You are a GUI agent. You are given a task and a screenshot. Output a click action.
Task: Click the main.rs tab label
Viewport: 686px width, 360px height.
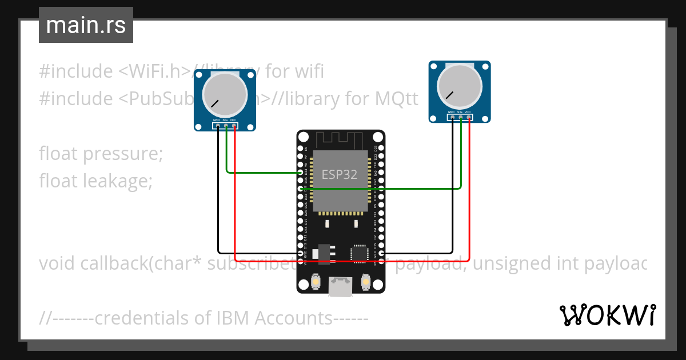[86, 25]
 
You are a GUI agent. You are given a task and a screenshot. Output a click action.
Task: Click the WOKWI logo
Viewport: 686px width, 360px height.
[607, 315]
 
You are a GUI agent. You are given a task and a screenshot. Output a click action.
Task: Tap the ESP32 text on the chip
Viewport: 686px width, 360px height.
[340, 174]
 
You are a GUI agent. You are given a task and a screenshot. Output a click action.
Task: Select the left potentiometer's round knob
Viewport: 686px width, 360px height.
[225, 94]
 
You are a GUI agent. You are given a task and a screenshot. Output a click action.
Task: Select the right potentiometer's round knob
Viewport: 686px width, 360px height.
[459, 87]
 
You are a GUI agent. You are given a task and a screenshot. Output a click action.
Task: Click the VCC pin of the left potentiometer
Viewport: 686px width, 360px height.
[234, 126]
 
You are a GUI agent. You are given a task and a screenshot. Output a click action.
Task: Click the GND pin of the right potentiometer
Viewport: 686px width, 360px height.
[452, 118]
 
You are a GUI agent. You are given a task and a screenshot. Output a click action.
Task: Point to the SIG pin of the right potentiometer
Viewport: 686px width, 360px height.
[460, 118]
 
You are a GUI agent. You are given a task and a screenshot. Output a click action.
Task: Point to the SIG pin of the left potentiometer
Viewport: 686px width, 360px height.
[226, 126]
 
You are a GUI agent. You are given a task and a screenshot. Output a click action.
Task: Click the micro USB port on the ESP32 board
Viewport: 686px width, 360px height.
[341, 287]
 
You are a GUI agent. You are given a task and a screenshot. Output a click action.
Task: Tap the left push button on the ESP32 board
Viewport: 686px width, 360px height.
[315, 282]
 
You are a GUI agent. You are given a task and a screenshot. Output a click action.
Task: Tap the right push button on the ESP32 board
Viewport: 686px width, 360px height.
[366, 282]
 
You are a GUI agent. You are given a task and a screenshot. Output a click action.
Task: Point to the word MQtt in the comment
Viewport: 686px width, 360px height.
[397, 99]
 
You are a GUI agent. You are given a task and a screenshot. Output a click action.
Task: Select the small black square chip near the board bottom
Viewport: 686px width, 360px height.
[360, 253]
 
